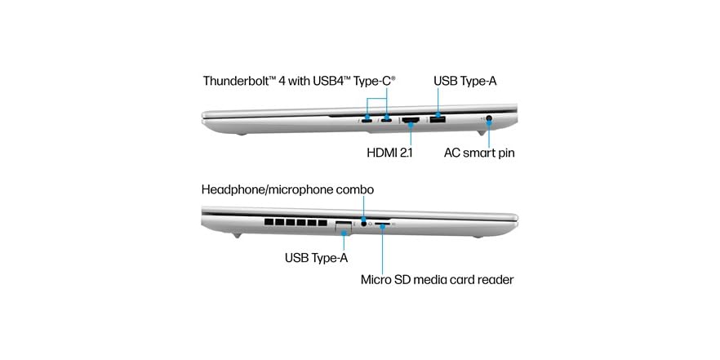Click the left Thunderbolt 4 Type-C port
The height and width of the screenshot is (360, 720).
click(x=367, y=121)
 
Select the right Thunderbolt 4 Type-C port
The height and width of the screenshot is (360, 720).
click(x=386, y=121)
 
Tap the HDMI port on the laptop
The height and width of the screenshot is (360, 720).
click(x=411, y=121)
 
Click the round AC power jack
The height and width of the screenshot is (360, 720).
click(x=488, y=119)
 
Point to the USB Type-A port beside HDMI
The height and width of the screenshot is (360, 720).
click(x=438, y=120)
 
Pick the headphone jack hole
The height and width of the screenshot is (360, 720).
click(x=364, y=224)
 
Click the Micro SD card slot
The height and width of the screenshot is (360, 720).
click(x=382, y=224)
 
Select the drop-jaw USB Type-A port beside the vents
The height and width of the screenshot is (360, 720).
click(x=344, y=227)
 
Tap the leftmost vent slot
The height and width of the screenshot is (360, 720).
click(x=269, y=222)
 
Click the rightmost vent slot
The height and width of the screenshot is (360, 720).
click(x=322, y=222)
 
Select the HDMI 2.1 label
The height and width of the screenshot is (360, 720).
click(x=390, y=153)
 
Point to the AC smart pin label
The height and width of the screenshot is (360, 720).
click(x=479, y=153)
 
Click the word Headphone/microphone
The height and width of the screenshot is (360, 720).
click(x=267, y=189)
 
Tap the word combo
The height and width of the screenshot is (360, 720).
click(x=355, y=189)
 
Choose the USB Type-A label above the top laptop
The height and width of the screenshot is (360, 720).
click(x=465, y=82)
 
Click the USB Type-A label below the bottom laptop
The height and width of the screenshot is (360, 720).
click(x=317, y=258)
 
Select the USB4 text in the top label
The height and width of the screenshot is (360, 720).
click(x=318, y=82)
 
